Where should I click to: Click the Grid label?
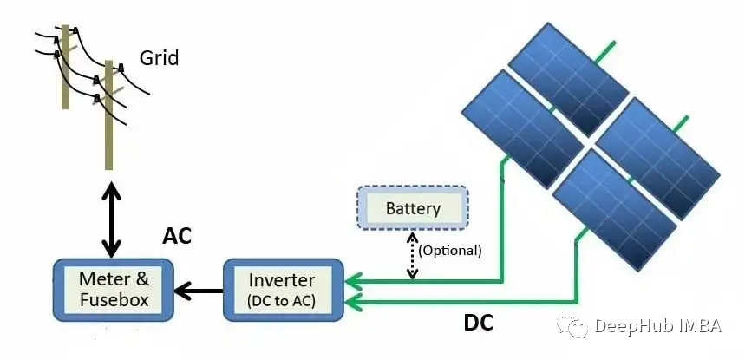(159, 59)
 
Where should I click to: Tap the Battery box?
(413, 209)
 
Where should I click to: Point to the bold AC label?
(177, 237)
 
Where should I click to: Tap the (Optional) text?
(449, 250)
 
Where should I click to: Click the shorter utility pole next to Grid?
(109, 117)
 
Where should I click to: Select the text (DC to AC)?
(281, 301)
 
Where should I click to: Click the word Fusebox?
(114, 301)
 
